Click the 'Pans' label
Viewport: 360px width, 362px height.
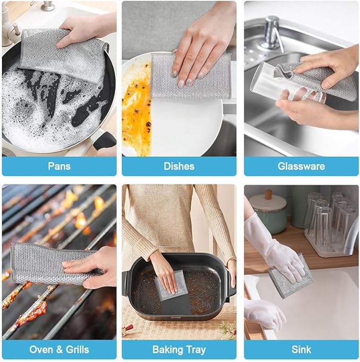[x=59, y=166]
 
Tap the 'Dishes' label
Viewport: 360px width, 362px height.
[x=179, y=166]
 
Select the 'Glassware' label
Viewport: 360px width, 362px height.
[x=301, y=166]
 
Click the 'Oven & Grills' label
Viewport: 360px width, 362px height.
[x=59, y=349]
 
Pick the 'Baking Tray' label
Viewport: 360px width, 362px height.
[x=179, y=349]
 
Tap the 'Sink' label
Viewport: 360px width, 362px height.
[x=301, y=349]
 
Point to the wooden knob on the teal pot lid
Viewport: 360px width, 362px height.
[x=268, y=195]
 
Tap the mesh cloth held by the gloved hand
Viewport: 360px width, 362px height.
[x=289, y=276]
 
